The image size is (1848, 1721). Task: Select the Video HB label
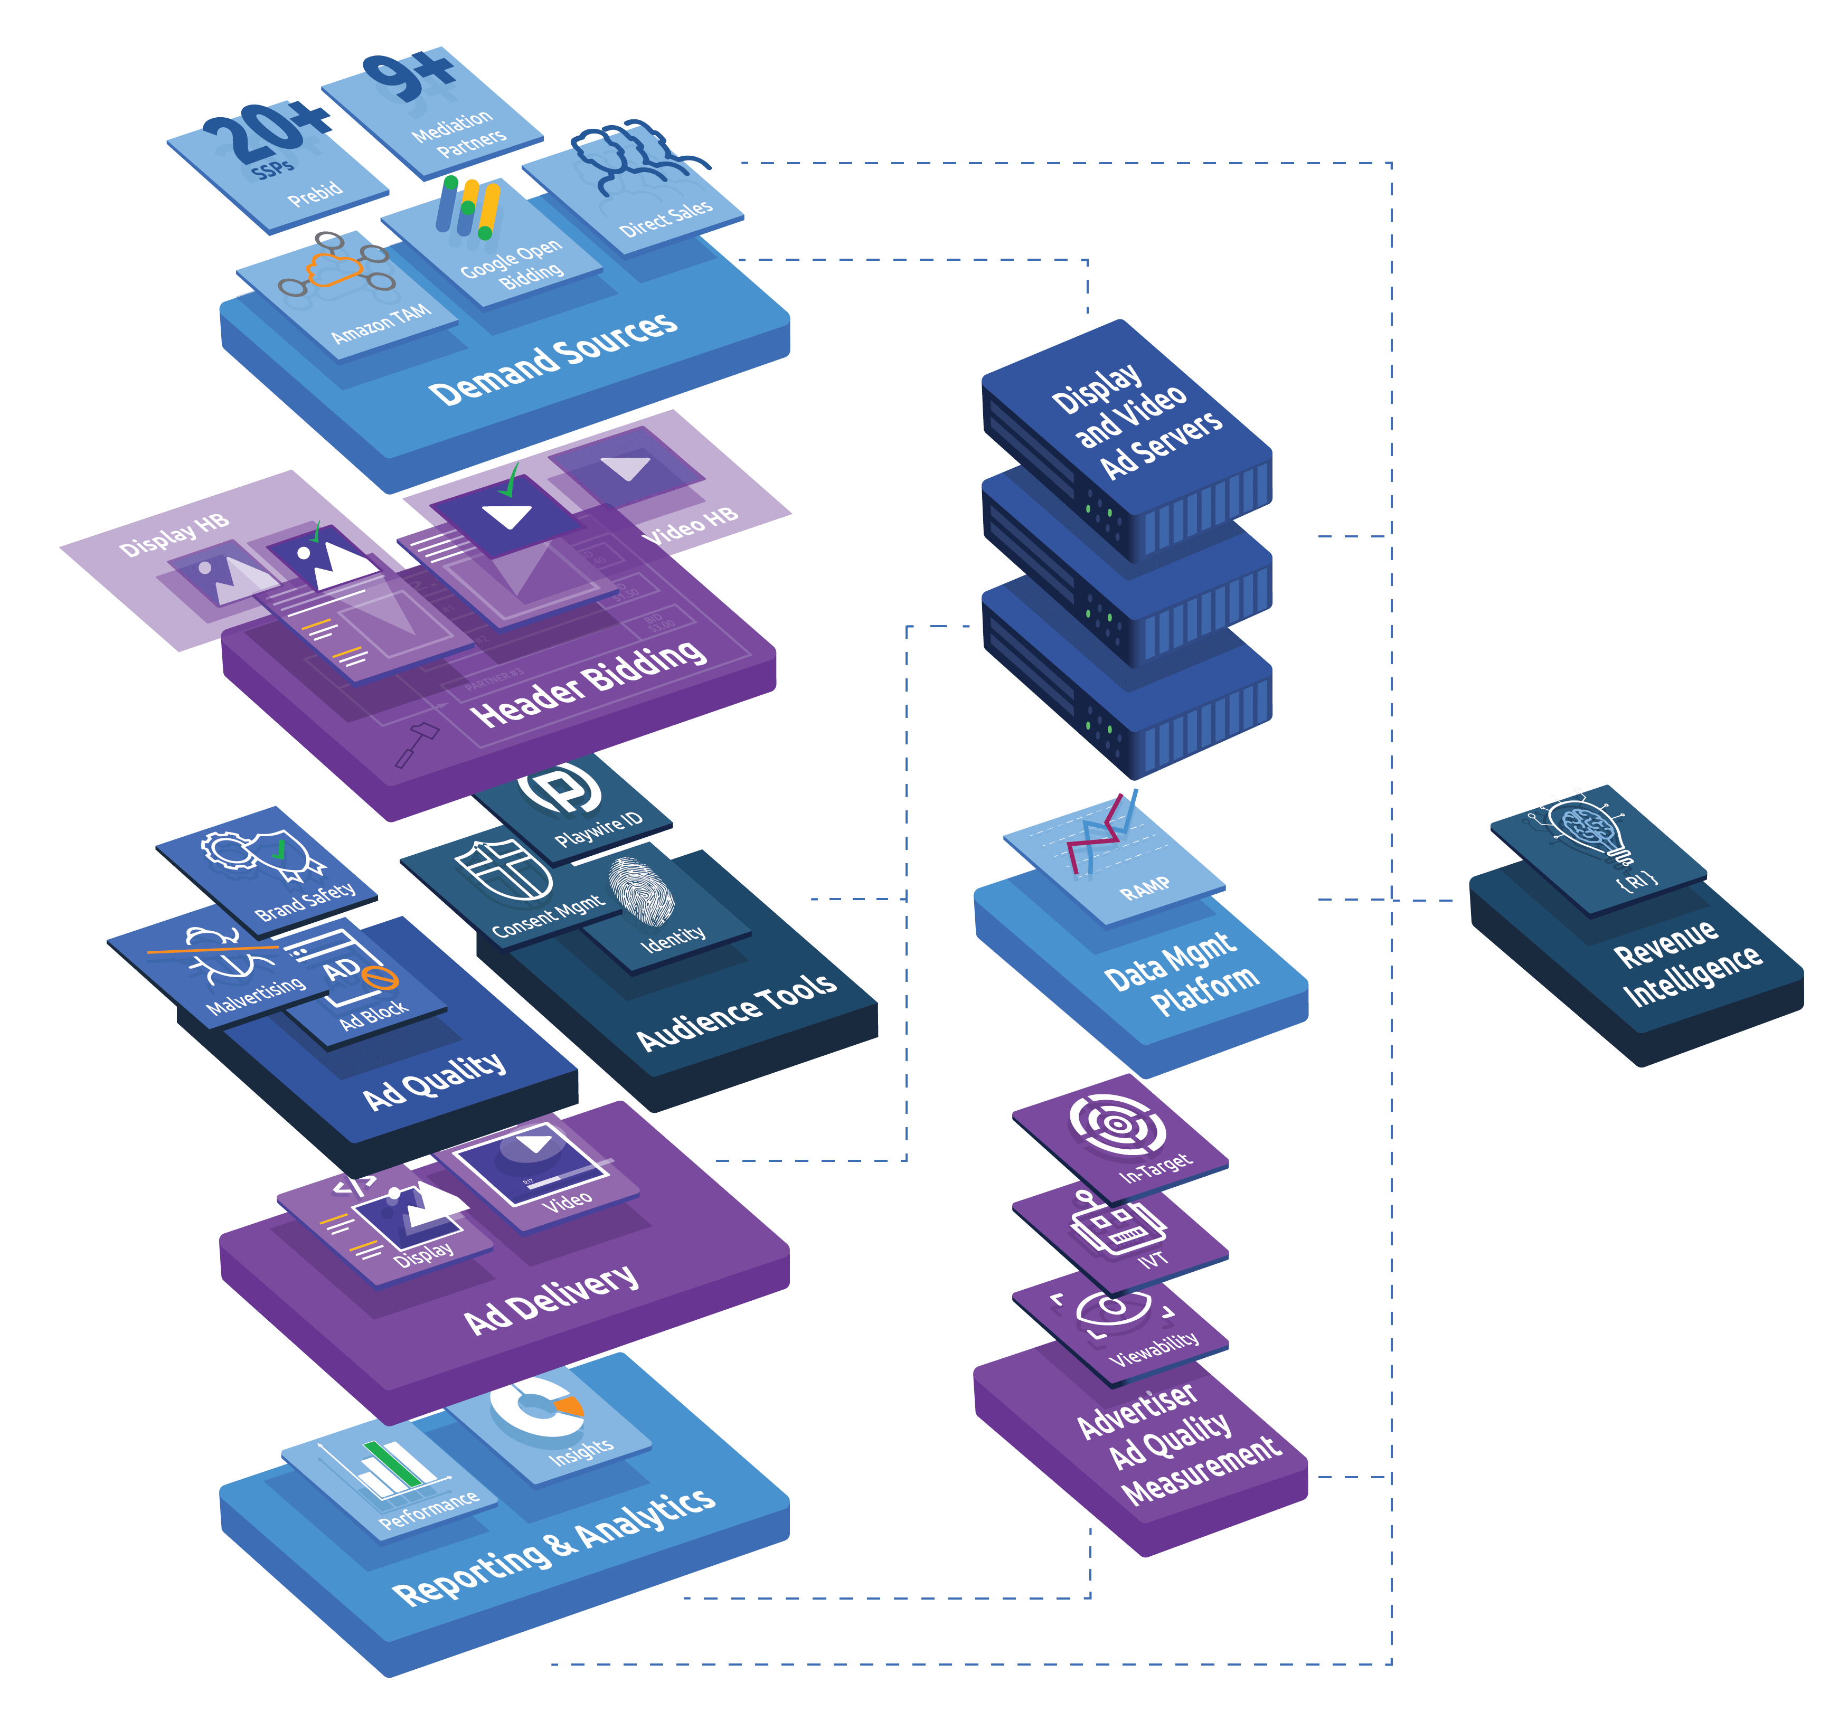[690, 526]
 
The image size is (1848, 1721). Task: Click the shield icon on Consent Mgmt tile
[502, 869]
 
